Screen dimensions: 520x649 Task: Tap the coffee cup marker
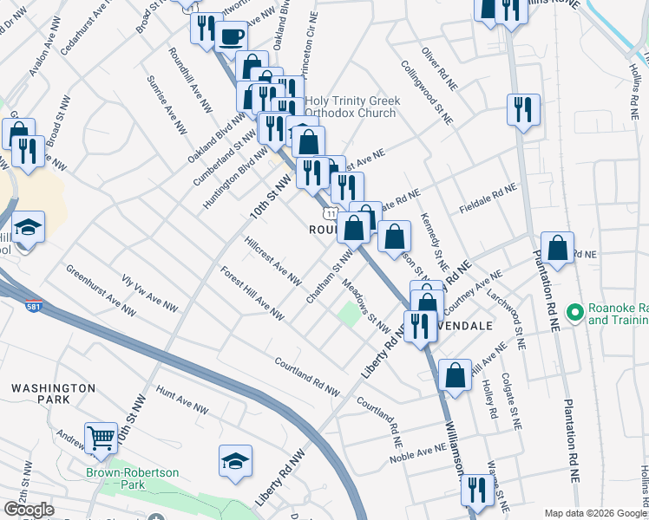click(x=231, y=36)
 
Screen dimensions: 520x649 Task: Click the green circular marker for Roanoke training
click(x=574, y=311)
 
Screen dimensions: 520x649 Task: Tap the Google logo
click(x=29, y=510)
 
